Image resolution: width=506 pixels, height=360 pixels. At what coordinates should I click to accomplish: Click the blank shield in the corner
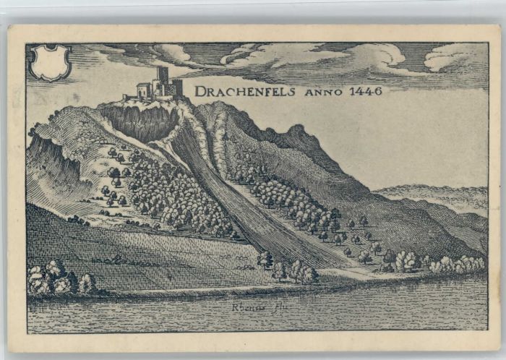tap(50, 62)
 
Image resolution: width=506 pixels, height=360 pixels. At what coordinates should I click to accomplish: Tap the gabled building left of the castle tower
tap(144, 90)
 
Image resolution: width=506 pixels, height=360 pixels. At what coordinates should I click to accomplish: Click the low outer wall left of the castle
tap(130, 97)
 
